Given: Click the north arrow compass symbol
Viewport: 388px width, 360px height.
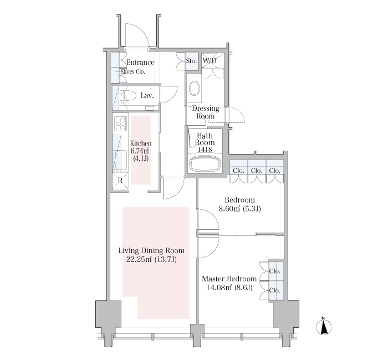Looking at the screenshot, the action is pos(324,326).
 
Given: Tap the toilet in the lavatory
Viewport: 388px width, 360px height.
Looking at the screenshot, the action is pos(128,96).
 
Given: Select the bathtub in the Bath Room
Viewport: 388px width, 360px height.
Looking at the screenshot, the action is pos(205,163).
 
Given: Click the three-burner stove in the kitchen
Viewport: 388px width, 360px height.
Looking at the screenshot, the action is pos(121,123).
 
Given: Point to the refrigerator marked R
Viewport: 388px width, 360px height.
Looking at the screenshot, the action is pos(120,181).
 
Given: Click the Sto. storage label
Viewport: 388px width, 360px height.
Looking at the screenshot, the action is pos(192,61).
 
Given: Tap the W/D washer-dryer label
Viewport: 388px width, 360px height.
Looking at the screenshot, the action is pos(210,60).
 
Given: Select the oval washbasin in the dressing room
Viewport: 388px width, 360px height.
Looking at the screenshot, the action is pos(195,88).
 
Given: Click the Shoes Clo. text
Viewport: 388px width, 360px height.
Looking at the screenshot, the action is pos(133,71).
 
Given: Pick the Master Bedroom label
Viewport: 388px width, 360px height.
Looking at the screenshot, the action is pos(229,279).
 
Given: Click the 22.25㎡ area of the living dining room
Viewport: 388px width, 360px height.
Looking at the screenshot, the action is pos(139,259).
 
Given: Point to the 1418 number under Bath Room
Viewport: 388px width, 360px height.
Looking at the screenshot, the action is pos(205,150).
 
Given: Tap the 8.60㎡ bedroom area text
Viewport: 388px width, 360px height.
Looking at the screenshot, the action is pos(229,209).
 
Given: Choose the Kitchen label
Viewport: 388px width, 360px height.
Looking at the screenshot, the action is pos(141,143).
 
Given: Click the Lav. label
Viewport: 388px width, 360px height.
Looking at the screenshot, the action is pos(147,95).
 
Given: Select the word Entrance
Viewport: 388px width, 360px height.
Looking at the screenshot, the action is pos(140,62).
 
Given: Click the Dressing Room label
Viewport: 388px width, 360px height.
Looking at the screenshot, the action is pos(206,112).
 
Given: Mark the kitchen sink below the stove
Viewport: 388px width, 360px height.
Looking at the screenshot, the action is pos(120,160).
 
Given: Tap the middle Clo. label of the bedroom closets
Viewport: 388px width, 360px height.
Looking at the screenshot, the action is pos(257,171).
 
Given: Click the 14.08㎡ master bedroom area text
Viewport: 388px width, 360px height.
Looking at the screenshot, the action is pos(219,288).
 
